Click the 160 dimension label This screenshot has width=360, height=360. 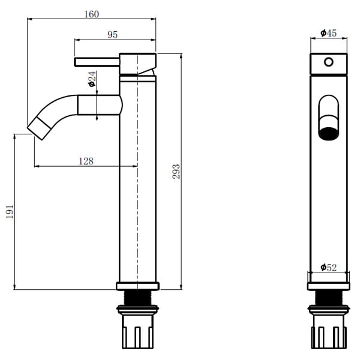point(92,14)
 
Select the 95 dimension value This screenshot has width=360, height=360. point(113,35)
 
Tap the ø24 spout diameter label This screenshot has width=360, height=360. point(92,79)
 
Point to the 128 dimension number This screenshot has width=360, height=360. point(86,161)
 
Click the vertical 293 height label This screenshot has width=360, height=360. point(176,171)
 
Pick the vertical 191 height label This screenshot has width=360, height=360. point(10,211)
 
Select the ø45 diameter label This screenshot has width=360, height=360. point(329,33)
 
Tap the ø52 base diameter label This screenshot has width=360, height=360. point(329,268)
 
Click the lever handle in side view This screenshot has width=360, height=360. point(97,62)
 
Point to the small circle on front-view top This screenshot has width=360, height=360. point(329,62)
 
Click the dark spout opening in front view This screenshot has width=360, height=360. point(329,134)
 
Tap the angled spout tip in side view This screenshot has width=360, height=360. point(39,128)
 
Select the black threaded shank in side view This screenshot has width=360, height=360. point(137,298)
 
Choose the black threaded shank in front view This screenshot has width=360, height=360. point(329,298)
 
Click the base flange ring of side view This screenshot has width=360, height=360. point(137,286)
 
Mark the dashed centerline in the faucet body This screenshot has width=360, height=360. point(137,171)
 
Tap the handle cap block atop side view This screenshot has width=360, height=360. point(137,64)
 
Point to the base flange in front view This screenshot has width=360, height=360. point(329,286)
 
